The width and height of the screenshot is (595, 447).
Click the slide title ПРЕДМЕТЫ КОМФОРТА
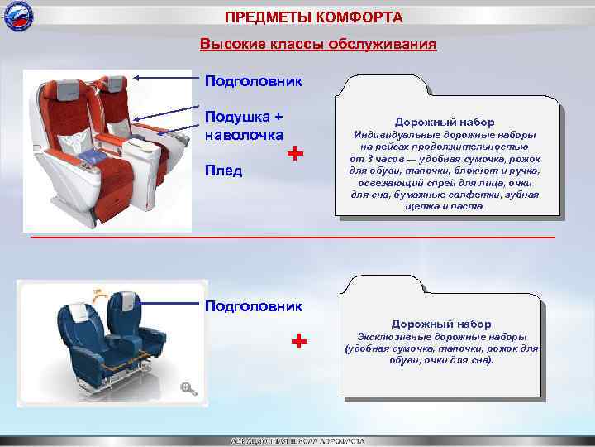314,17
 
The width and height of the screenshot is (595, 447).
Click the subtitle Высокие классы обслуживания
318,43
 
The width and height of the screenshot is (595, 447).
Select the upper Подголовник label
253,81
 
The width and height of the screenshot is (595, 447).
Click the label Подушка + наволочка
244,125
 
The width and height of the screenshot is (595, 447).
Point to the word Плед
223,171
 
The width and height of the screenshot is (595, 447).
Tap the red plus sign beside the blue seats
300,341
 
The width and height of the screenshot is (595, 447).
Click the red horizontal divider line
293,238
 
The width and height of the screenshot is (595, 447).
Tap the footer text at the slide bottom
297,441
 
